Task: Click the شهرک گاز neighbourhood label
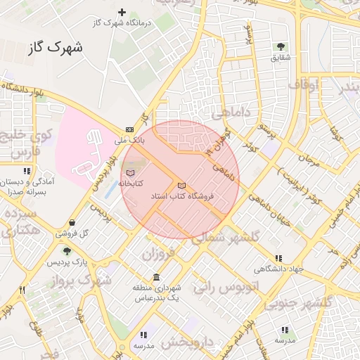tap(56, 48)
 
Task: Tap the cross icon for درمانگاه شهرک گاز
tap(122, 12)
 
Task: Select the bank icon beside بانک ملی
tap(129, 129)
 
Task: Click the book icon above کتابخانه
tap(129, 172)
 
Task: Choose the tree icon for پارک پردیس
tap(67, 252)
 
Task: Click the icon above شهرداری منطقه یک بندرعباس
tap(156, 278)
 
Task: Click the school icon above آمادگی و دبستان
tap(27, 171)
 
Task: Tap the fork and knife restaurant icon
tap(22, 289)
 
